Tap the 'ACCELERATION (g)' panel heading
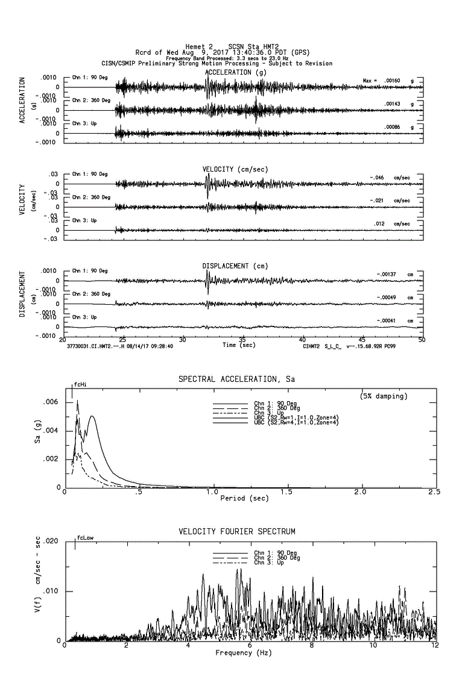tap(236, 72)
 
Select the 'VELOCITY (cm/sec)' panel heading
tap(235, 169)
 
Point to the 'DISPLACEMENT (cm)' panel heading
tap(235, 266)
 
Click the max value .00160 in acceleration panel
tap(392, 80)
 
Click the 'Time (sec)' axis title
tap(239, 345)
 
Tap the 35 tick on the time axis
tap(242, 340)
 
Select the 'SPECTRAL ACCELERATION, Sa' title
tap(236, 379)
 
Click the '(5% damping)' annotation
tap(383, 396)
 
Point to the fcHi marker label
tap(80, 384)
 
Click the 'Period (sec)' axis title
tap(244, 498)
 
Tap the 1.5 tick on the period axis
tap(287, 492)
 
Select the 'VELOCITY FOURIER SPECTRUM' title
tap(237, 531)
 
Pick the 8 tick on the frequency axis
tap(312, 646)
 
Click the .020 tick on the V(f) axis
tap(51, 541)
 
